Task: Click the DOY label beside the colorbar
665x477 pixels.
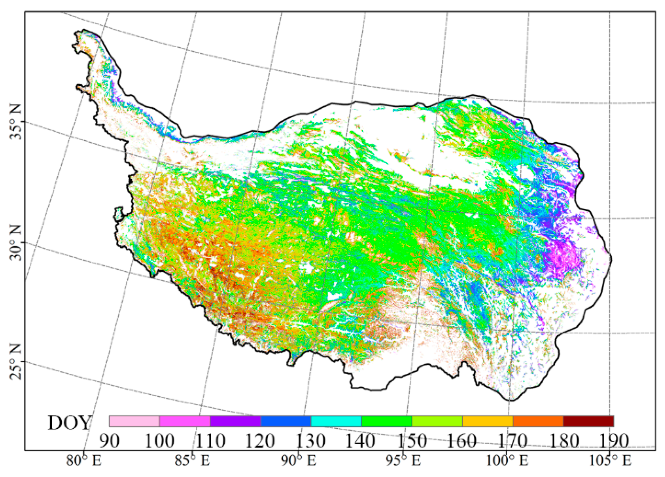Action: (69, 423)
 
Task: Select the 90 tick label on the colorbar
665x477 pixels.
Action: (109, 441)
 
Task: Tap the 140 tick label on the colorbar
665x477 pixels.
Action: (360, 441)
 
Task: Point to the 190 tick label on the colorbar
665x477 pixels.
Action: (613, 441)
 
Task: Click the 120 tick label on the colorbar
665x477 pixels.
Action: (259, 441)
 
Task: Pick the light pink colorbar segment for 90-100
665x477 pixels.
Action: (134, 421)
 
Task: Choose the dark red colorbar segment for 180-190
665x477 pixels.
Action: (588, 421)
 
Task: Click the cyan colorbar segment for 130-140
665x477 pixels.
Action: (336, 421)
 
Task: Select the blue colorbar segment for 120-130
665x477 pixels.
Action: (286, 421)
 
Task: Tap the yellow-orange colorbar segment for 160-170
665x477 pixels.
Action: (488, 421)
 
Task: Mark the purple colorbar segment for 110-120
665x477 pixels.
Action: (235, 421)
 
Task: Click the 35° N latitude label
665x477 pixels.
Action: (16, 121)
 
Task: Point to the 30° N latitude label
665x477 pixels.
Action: (16, 242)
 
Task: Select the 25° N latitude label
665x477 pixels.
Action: (16, 362)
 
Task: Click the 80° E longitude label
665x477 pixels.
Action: (83, 460)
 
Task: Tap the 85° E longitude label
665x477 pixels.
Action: (192, 460)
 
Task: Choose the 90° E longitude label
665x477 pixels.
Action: (298, 460)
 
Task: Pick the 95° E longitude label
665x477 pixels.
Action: (403, 460)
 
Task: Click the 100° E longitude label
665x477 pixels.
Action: (507, 460)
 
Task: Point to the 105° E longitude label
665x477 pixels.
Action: (610, 460)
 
